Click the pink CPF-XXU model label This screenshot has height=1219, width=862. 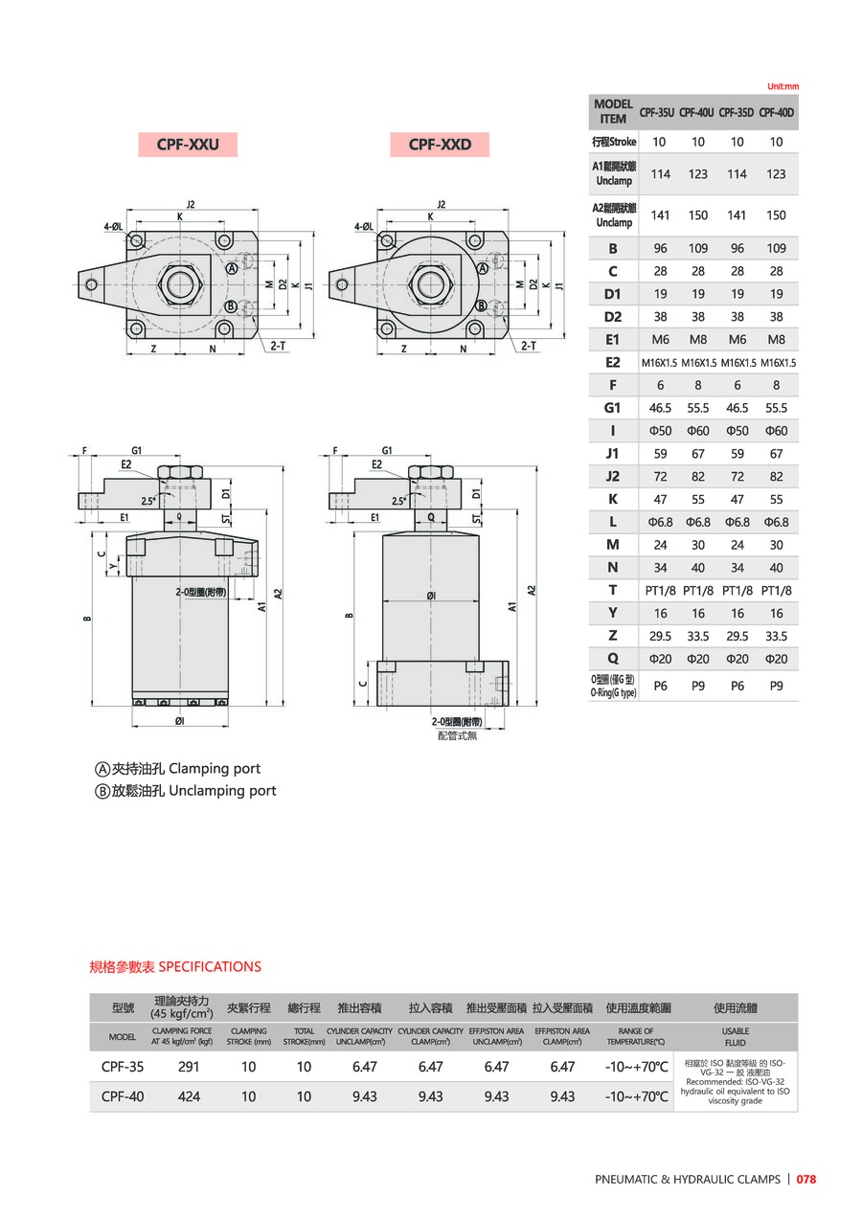pyautogui.click(x=188, y=145)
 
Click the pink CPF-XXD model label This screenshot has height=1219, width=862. pyautogui.click(x=440, y=145)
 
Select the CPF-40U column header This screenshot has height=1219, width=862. pyautogui.click(x=697, y=112)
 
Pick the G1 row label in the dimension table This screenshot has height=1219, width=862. pyautogui.click(x=613, y=408)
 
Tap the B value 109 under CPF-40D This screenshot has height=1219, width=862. pyautogui.click(x=776, y=248)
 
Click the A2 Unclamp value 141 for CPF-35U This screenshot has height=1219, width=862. pyautogui.click(x=660, y=215)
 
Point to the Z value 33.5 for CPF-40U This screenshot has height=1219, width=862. pyautogui.click(x=697, y=636)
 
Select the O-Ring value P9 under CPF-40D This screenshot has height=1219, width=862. pyautogui.click(x=776, y=686)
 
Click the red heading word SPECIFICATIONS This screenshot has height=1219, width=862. pyautogui.click(x=210, y=967)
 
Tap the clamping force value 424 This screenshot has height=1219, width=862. pyautogui.click(x=190, y=1096)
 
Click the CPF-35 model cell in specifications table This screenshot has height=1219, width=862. pyautogui.click(x=123, y=1067)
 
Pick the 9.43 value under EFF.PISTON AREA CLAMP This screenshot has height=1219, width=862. pyautogui.click(x=562, y=1096)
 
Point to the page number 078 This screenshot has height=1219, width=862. pyautogui.click(x=805, y=1180)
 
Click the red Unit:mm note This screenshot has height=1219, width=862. pyautogui.click(x=782, y=86)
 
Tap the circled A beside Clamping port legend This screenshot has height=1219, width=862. pyautogui.click(x=102, y=769)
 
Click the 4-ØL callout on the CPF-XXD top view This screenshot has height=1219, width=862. pyautogui.click(x=364, y=227)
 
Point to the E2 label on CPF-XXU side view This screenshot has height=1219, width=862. pyautogui.click(x=125, y=464)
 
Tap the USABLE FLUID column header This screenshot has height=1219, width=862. pyautogui.click(x=735, y=1037)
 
